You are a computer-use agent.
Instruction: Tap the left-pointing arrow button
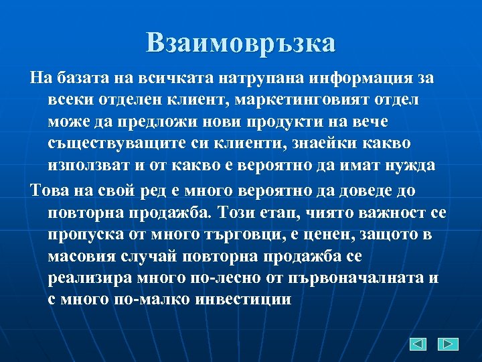pyautogui.click(x=418, y=344)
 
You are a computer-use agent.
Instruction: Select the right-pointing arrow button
pyautogui.click(x=448, y=344)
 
